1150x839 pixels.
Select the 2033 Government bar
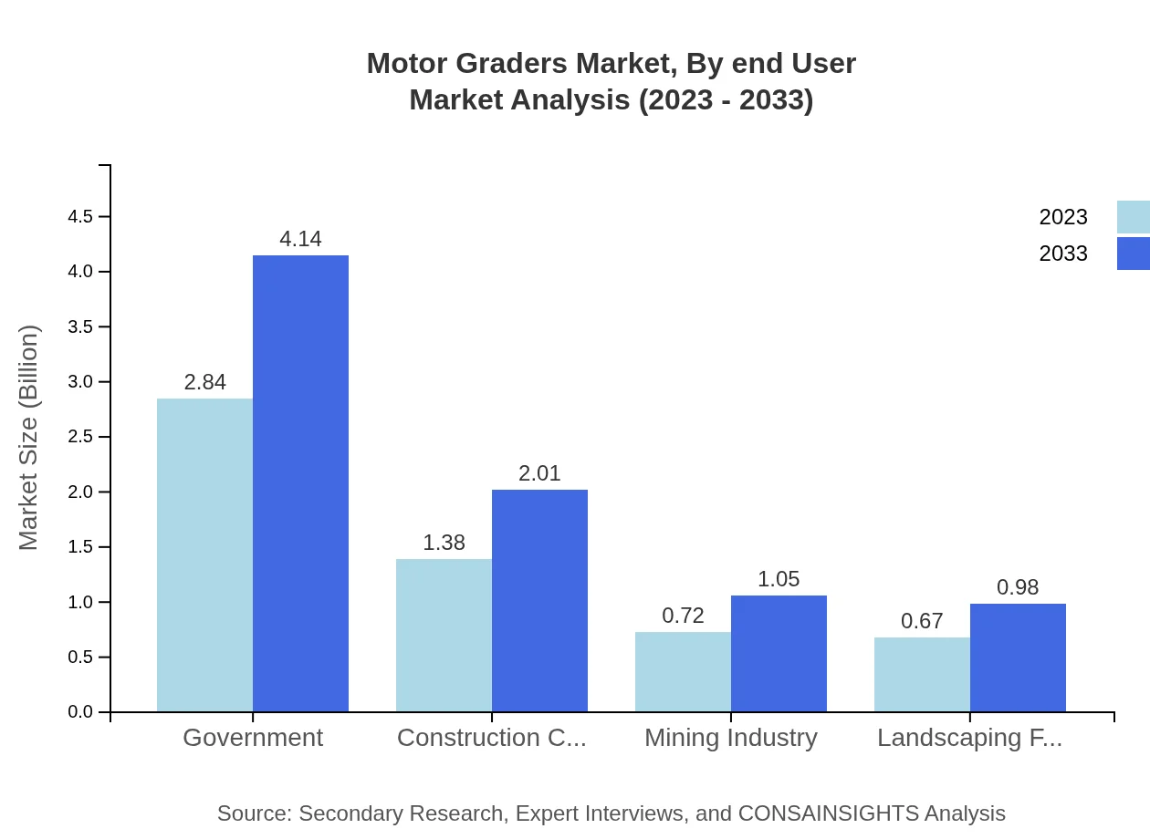pos(300,483)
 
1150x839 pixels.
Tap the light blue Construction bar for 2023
pos(444,635)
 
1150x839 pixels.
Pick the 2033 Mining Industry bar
pos(779,653)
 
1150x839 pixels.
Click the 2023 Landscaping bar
pos(922,674)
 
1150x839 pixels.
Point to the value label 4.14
pos(300,239)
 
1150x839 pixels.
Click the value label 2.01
pos(539,473)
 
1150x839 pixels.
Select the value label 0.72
pos(683,616)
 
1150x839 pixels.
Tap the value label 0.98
pos(1018,587)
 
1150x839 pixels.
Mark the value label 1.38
pos(444,543)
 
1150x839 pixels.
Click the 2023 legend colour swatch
pos(1133,217)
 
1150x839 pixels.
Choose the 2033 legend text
pos(1063,254)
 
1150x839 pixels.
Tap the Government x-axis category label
pos(253,738)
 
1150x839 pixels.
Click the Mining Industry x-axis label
pos(731,738)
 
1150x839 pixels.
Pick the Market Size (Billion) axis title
pos(29,438)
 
